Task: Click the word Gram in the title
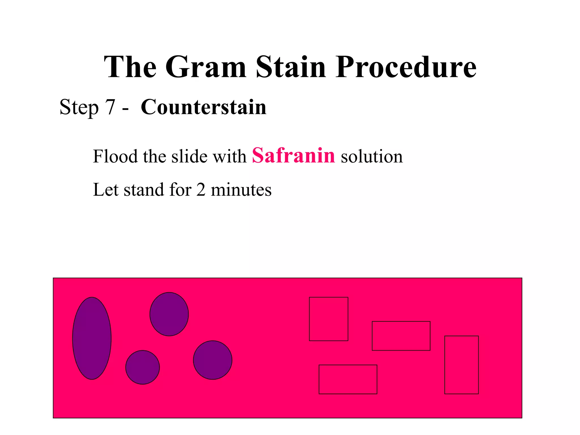pos(206,67)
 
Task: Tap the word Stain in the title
pos(291,67)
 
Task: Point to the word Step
pos(79,108)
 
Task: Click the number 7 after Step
pos(110,107)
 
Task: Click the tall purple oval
pos(92,338)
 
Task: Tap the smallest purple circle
pos(142,367)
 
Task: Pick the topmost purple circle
pos(169,314)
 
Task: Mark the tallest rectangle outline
pos(461,365)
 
